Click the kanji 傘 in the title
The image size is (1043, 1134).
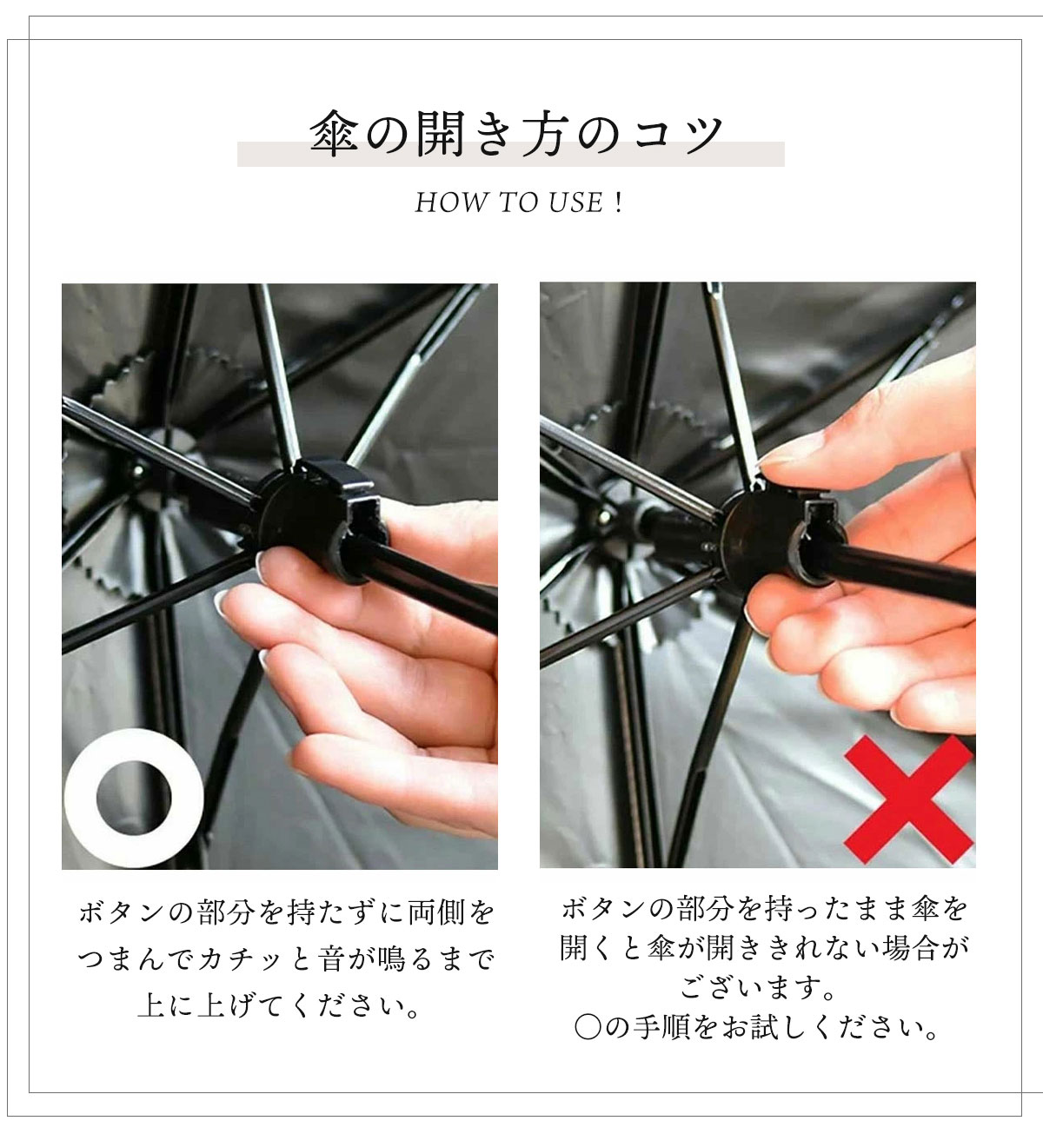335,134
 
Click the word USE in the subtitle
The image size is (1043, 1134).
575,202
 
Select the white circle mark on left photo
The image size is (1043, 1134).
134,798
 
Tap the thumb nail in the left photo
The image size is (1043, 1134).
261,567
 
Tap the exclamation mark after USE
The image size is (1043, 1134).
618,202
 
